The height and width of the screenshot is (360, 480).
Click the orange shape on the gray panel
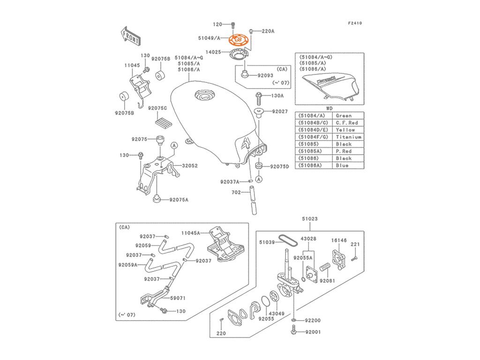pyautogui.click(x=237, y=39)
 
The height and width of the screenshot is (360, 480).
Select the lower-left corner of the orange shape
pyautogui.click(x=226, y=45)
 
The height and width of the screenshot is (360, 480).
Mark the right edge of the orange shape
pyautogui.click(x=249, y=39)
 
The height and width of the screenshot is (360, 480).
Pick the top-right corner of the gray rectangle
pyautogui.click(x=364, y=22)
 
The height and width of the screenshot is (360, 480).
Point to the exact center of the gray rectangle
pyautogui.click(x=240, y=180)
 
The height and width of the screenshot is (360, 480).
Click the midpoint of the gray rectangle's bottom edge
pyautogui.click(x=240, y=337)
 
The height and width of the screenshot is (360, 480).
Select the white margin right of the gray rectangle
pyautogui.click(x=422, y=180)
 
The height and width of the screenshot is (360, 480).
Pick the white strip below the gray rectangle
pyautogui.click(x=240, y=349)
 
